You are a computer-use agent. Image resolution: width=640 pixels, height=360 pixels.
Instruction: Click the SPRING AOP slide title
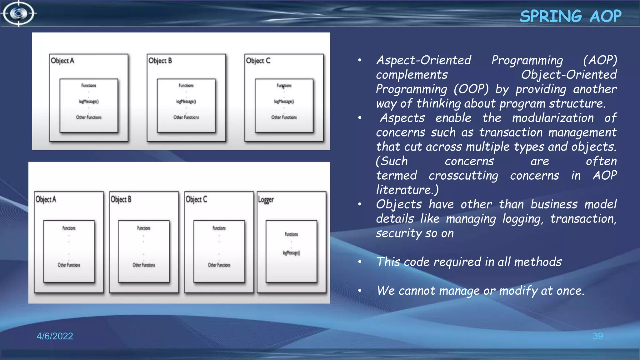[570, 16]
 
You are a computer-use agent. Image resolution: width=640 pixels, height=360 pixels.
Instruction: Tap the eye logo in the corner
[19, 13]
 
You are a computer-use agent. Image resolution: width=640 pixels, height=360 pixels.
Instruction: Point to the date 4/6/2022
[55, 336]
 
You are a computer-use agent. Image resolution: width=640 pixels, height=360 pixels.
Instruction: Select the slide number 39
[598, 336]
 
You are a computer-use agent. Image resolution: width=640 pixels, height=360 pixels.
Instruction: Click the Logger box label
[266, 199]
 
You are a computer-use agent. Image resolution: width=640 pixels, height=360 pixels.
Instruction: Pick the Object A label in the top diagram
[62, 61]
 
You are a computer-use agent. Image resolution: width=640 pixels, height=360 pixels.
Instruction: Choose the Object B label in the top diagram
[160, 61]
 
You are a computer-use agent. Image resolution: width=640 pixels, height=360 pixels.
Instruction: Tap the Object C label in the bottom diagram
[196, 199]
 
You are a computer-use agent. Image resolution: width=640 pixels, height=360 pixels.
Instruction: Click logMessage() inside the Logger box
[291, 252]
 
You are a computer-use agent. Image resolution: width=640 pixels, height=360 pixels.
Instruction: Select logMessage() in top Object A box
[89, 101]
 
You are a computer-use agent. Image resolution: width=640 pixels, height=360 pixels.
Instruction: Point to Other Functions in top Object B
[186, 117]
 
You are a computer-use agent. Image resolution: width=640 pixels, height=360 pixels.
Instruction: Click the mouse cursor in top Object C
[283, 87]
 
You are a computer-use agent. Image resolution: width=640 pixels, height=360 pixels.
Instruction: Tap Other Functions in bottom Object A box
[69, 265]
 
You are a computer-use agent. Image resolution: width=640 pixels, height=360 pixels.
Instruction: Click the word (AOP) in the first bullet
[600, 60]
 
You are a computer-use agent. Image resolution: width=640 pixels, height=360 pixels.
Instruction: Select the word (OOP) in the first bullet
[471, 89]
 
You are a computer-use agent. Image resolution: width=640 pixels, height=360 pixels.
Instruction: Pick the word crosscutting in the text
[463, 176]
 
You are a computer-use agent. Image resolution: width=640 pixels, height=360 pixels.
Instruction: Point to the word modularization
[553, 118]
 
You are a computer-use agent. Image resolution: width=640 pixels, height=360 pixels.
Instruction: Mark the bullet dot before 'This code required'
[360, 262]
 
